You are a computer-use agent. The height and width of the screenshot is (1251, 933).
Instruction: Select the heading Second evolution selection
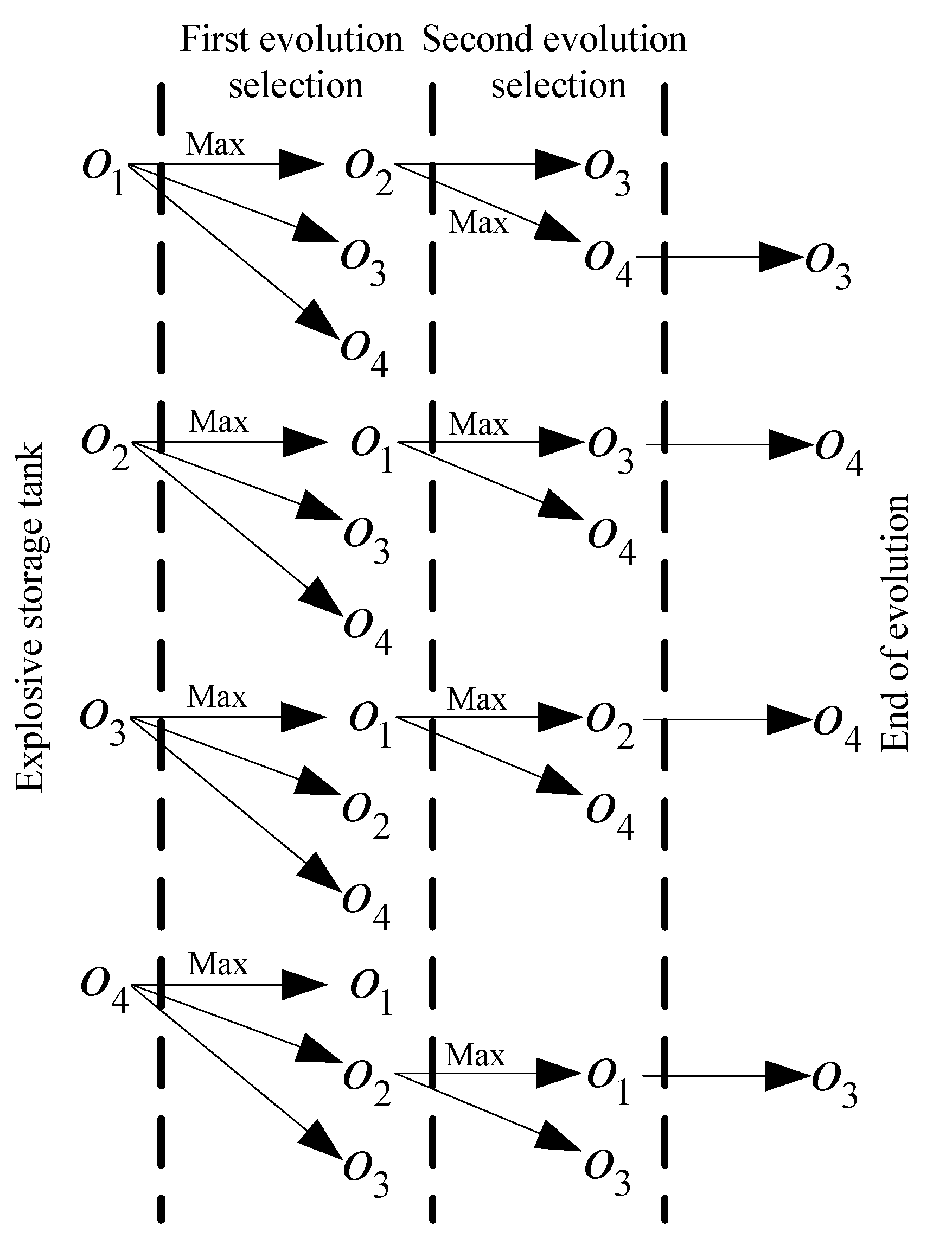coord(555,62)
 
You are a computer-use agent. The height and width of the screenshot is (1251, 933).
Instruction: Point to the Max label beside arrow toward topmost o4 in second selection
coord(478,222)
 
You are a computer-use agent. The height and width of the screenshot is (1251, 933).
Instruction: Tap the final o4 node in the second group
coord(839,452)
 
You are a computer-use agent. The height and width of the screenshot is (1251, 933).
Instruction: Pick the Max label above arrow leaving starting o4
coord(218,963)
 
